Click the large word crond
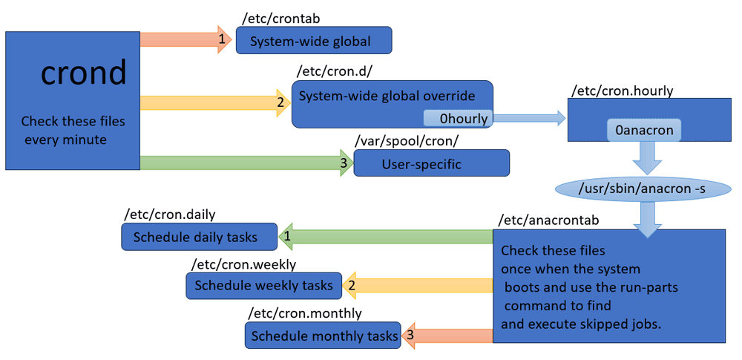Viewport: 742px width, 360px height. (x=85, y=73)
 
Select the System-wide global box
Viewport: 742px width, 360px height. (x=314, y=40)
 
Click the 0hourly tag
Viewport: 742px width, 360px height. (x=457, y=118)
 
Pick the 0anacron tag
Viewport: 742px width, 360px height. (x=644, y=130)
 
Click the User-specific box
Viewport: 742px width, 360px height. (x=432, y=163)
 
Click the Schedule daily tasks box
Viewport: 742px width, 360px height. (x=199, y=236)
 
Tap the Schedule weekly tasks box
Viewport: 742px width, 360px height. (x=263, y=285)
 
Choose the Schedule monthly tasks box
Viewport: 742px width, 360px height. (x=323, y=336)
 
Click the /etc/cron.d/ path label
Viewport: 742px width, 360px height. (x=324, y=72)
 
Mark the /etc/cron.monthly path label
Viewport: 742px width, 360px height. (x=305, y=313)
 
